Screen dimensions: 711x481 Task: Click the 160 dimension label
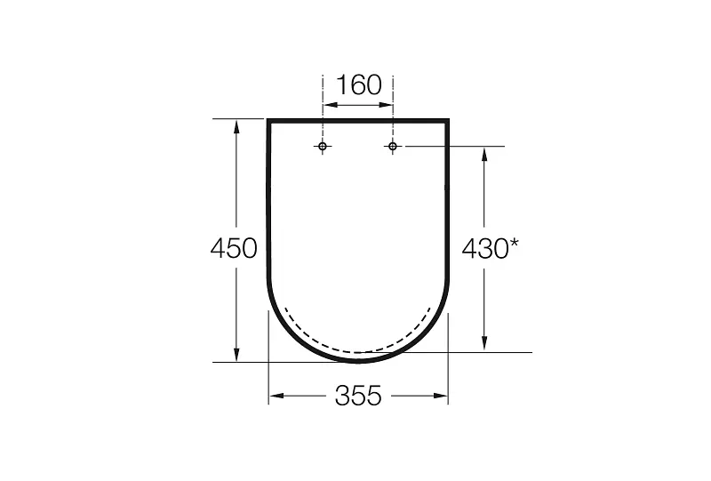tap(359, 84)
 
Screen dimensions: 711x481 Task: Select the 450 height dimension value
tap(234, 248)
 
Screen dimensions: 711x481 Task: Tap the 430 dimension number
tap(485, 249)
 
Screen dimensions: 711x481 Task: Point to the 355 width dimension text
tap(358, 396)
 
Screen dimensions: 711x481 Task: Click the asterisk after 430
tap(515, 244)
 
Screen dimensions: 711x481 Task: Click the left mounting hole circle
tap(323, 146)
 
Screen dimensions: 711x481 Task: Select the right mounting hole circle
tap(393, 146)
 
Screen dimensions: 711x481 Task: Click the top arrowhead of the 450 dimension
tap(236, 126)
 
